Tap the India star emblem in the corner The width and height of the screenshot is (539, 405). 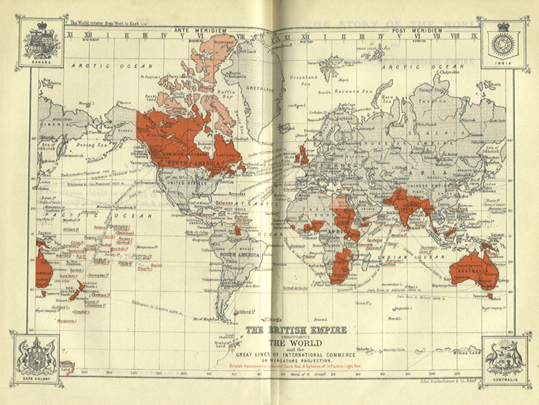pyautogui.click(x=502, y=42)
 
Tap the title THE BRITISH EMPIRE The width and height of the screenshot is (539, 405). pyautogui.click(x=296, y=331)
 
